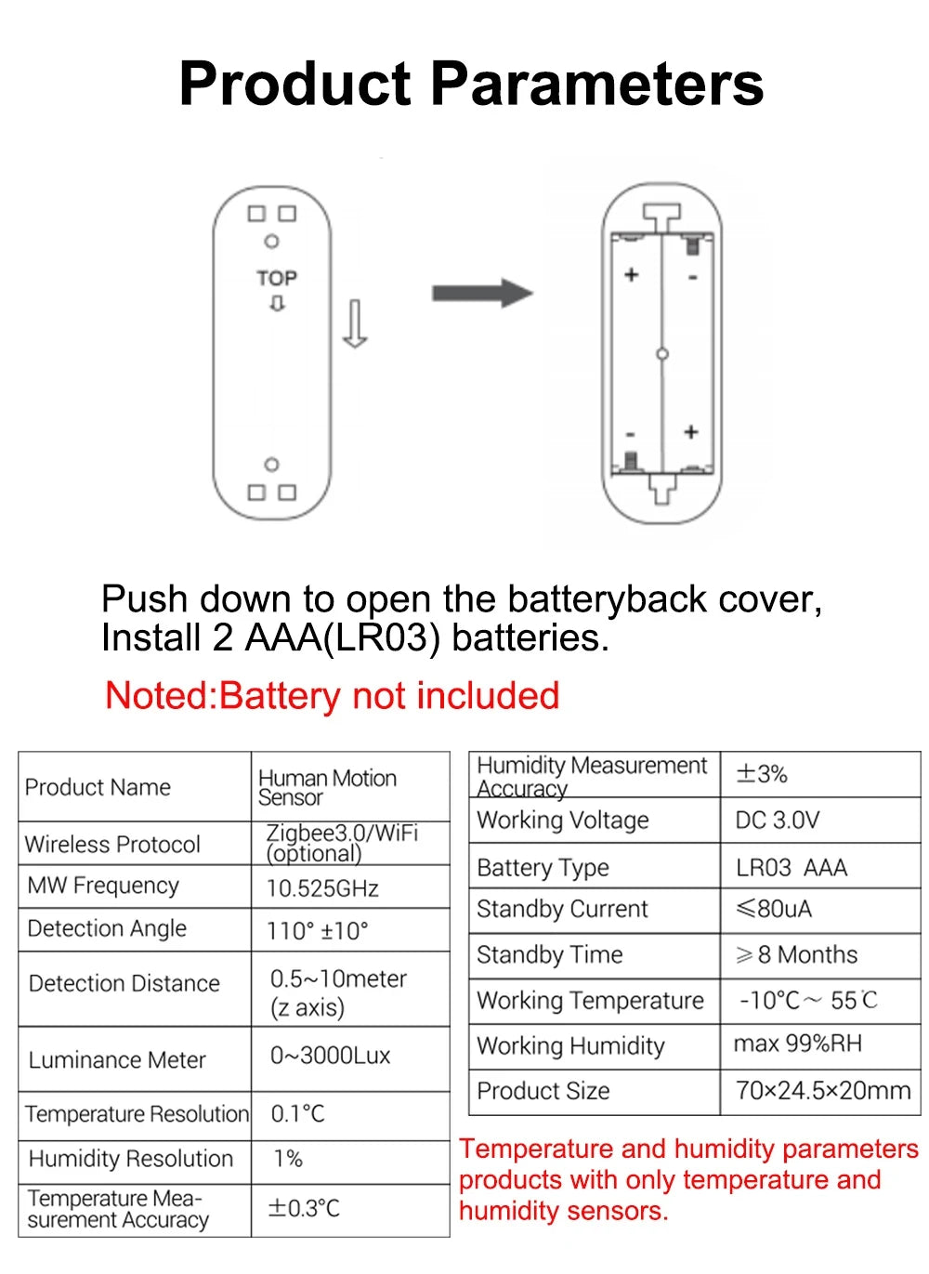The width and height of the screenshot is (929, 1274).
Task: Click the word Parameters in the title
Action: pyautogui.click(x=596, y=84)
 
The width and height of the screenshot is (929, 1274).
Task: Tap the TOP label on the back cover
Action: pyautogui.click(x=277, y=278)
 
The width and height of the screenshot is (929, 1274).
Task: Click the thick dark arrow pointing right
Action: pyautogui.click(x=481, y=294)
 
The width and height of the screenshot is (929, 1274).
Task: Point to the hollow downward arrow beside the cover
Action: pyautogui.click(x=355, y=323)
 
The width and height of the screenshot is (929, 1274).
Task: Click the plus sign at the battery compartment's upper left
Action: pyautogui.click(x=632, y=274)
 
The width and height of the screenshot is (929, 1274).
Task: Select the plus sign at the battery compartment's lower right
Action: pyautogui.click(x=690, y=432)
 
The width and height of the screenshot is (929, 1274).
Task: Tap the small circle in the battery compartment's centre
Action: pyautogui.click(x=662, y=354)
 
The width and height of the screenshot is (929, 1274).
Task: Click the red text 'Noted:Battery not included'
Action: pyautogui.click(x=332, y=695)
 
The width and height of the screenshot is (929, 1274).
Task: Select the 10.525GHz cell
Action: pyautogui.click(x=322, y=888)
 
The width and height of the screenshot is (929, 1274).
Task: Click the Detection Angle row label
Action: pyautogui.click(x=107, y=928)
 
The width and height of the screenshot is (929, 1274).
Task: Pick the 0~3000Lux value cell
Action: pyautogui.click(x=330, y=1056)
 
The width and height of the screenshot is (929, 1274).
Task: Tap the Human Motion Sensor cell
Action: pyautogui.click(x=327, y=787)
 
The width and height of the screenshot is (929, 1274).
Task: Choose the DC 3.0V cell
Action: pyautogui.click(x=778, y=821)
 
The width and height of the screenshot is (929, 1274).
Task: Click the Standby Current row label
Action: pyautogui.click(x=562, y=909)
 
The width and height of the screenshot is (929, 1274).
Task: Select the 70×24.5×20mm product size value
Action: pyautogui.click(x=823, y=1090)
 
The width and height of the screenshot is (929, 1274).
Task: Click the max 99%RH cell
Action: pyautogui.click(x=798, y=1044)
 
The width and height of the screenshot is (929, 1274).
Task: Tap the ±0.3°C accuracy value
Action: pyautogui.click(x=304, y=1208)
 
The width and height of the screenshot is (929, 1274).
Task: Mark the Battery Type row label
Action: pyautogui.click(x=543, y=868)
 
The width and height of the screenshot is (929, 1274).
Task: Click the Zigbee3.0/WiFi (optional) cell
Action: pyautogui.click(x=342, y=843)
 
